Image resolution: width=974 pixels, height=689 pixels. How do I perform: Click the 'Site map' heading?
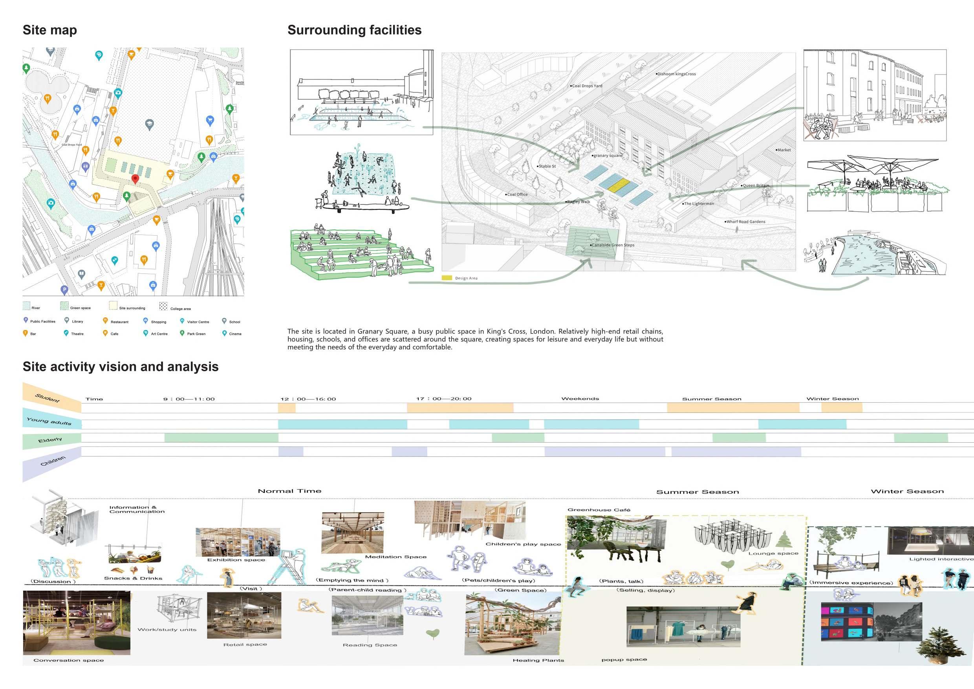pos(49,30)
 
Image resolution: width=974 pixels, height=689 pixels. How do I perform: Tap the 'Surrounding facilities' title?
pos(354,30)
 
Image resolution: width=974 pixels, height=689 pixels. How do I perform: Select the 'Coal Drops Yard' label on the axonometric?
pos(587,86)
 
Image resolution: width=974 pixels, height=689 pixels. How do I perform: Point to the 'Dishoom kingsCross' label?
pos(676,74)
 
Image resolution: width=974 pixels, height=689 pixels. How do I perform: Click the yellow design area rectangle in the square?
pos(619,185)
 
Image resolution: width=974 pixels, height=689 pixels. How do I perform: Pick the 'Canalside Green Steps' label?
pos(613,245)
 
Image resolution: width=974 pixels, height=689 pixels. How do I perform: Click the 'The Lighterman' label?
pos(699,203)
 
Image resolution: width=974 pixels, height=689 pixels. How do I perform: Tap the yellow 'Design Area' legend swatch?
pos(447,278)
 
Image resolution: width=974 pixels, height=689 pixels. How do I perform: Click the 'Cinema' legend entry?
pos(234,334)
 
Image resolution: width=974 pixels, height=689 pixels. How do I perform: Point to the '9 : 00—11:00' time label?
pos(189,399)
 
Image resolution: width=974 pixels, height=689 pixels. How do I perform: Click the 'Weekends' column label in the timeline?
pos(580,399)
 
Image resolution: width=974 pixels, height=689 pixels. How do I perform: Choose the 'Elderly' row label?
pos(50,440)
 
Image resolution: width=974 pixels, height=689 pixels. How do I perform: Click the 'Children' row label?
pos(53,461)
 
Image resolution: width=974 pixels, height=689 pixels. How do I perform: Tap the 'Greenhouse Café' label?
pos(599,510)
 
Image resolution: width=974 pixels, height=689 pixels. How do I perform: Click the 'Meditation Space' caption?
pos(395,557)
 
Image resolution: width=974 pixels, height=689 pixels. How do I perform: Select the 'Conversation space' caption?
pos(68,660)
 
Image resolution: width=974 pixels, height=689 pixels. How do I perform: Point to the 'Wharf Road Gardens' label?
pos(745,222)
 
